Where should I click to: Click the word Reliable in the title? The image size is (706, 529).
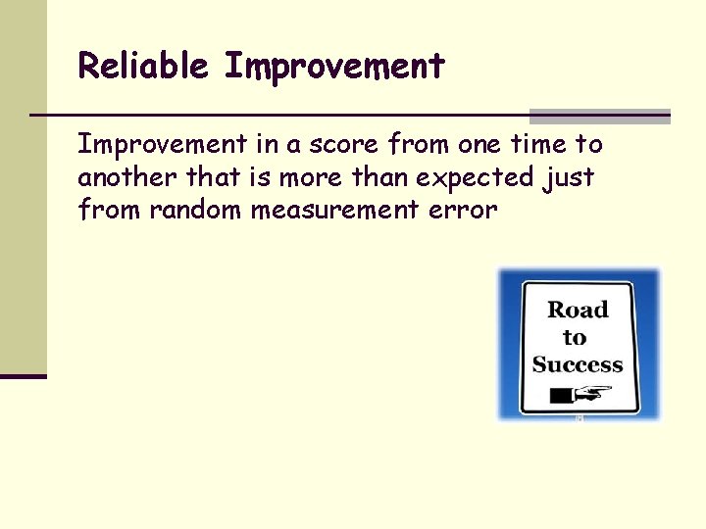[x=143, y=67]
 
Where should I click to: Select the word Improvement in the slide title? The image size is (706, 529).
[x=334, y=67]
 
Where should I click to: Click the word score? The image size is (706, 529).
[x=341, y=145]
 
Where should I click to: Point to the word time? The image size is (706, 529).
[x=537, y=145]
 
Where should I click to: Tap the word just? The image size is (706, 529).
[x=568, y=178]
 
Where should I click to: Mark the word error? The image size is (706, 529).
[x=463, y=210]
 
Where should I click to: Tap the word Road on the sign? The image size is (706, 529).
[x=578, y=311]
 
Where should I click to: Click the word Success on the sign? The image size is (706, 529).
[x=578, y=365]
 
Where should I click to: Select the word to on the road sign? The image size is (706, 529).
[x=575, y=338]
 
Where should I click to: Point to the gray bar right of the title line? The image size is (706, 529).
[x=599, y=116]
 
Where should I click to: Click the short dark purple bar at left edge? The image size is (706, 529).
[x=24, y=375]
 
